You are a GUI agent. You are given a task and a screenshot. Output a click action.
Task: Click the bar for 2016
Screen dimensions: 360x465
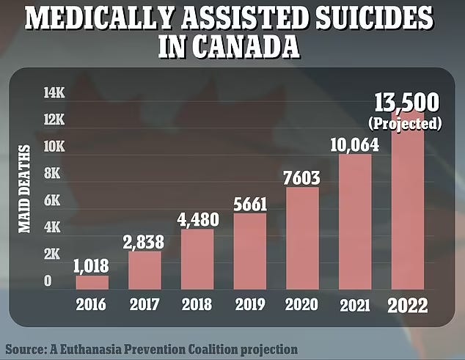[x=92, y=282]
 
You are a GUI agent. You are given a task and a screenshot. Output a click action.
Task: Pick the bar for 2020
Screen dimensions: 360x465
[x=301, y=238]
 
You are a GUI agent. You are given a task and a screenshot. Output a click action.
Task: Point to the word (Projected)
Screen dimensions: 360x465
[x=409, y=122]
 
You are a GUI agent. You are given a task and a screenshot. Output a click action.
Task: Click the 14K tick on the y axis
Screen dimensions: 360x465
[x=54, y=93]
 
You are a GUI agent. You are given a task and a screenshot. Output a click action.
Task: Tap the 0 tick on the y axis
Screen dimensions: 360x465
[x=48, y=281]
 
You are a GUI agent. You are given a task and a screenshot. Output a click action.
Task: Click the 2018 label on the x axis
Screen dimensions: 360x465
[x=197, y=304]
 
